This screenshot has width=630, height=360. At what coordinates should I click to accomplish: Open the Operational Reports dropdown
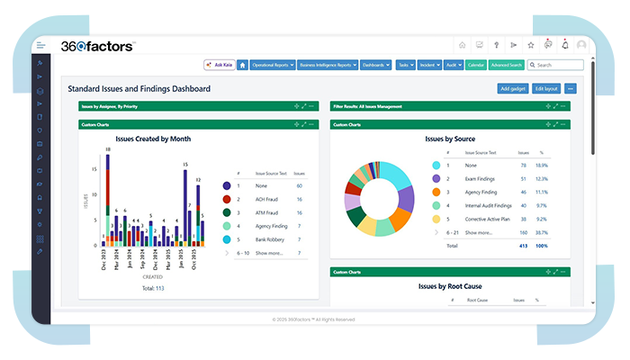click(271, 65)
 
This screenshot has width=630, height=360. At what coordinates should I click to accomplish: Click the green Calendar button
click(476, 65)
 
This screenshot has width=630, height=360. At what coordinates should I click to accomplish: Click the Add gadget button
click(513, 88)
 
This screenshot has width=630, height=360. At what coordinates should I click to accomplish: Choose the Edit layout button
click(546, 88)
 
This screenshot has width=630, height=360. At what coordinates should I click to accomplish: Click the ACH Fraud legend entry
click(267, 199)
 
